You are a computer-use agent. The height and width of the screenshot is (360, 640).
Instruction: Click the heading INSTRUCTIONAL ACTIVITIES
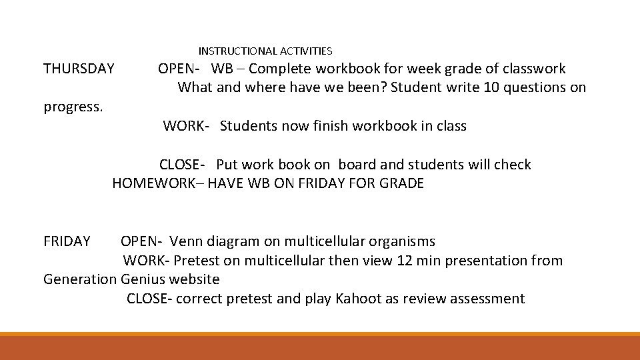coord(265,51)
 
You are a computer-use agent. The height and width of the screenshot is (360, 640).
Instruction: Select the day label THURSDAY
coord(79,69)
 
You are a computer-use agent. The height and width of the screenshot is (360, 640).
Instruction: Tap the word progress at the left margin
coord(73,107)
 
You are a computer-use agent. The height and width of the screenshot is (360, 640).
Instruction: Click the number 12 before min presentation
coord(404,261)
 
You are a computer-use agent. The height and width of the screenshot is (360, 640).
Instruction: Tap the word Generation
coord(79,279)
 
